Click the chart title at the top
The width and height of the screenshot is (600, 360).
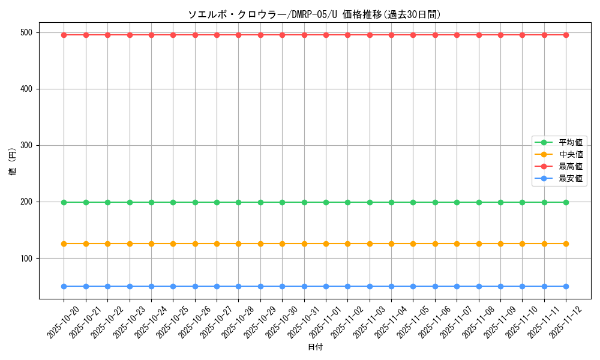pos(314,15)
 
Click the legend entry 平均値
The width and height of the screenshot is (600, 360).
pos(570,142)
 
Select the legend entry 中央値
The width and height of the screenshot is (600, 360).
pos(570,154)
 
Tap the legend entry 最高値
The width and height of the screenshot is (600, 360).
pos(570,166)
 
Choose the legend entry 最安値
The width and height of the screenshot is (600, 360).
pos(570,178)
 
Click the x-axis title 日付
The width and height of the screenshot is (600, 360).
pos(315,347)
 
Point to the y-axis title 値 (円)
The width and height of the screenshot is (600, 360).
pos(13,162)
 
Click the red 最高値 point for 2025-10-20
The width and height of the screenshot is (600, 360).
pos(64,35)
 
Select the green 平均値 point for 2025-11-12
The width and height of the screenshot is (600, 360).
pos(566,202)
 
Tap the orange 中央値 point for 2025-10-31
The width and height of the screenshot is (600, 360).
pos(304,244)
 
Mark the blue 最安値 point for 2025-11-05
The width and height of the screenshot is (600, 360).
pos(413,286)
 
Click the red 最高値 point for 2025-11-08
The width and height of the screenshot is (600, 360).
pos(479,35)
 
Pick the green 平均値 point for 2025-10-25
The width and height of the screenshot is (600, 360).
pos(173,202)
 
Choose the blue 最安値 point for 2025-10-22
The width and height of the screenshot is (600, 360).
pos(107,286)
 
